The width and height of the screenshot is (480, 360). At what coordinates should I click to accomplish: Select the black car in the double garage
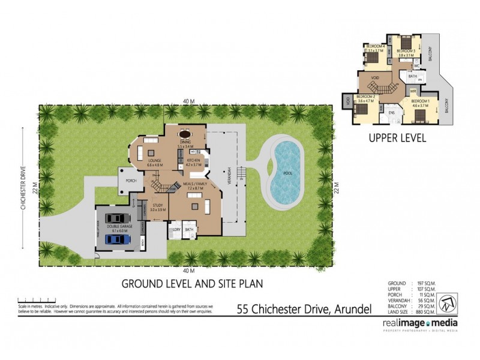(x=117, y=218)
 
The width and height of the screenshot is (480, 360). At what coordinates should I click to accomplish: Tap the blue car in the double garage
(x=117, y=239)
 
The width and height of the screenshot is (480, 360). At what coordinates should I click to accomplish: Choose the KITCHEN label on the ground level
(x=193, y=161)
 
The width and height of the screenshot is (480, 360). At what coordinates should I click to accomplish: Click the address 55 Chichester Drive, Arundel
(x=304, y=310)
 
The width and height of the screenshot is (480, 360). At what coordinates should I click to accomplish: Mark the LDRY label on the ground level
(x=176, y=230)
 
